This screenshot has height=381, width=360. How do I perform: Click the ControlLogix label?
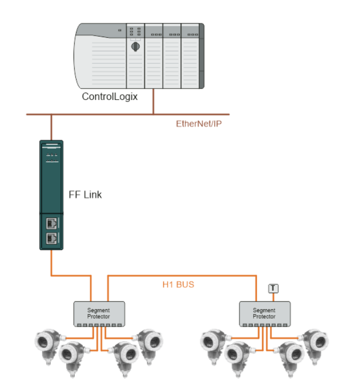coord(110,97)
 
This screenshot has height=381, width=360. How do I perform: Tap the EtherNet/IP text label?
coord(199,124)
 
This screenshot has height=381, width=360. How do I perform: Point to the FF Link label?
coord(85,195)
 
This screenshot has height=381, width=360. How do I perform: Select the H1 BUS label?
coord(178,285)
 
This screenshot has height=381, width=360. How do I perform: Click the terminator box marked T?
coord(273,288)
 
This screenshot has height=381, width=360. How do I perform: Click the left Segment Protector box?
coord(99,314)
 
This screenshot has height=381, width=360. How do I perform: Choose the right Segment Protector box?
coord(265,314)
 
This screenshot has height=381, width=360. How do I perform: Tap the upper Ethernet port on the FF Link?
coord(51,223)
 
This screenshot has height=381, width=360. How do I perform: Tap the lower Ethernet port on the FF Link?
coord(51,238)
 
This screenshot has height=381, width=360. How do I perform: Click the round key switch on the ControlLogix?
coord(135,46)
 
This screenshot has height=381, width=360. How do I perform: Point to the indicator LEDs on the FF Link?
coord(52,158)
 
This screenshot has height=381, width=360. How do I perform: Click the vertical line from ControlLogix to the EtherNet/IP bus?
coord(153,102)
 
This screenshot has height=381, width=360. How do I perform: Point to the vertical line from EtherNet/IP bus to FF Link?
coord(51,127)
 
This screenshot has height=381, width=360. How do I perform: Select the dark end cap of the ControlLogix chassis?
coord(202,56)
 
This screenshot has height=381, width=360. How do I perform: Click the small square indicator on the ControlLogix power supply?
coord(119,30)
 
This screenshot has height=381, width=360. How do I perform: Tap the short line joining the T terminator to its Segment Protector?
coord(273,297)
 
